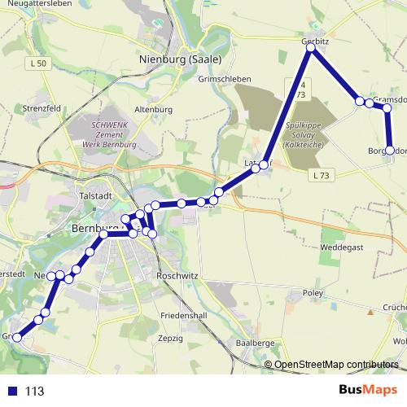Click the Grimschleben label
pyautogui.click(x=225, y=79)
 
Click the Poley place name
pyautogui.click(x=313, y=291)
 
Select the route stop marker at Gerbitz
pyautogui.click(x=311, y=48)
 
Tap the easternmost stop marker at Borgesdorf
pyautogui.click(x=390, y=151)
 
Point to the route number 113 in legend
pyautogui.click(x=34, y=392)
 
